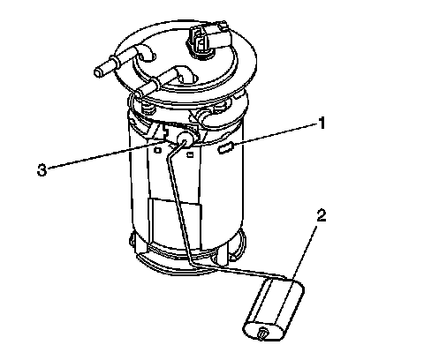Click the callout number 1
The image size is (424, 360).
coord(322,123)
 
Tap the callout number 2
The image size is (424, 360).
coord(322,216)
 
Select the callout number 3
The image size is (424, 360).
coord(42,170)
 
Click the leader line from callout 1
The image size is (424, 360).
coord(275,134)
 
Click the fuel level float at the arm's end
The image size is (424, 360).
coord(274,311)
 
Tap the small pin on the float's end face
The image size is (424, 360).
coord(262,334)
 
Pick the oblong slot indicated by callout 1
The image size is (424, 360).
coord(225,148)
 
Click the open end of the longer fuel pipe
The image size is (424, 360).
coord(99,72)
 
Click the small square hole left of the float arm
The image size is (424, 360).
coord(158,150)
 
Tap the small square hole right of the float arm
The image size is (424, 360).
coord(190,154)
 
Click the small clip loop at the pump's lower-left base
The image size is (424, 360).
coord(132,239)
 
